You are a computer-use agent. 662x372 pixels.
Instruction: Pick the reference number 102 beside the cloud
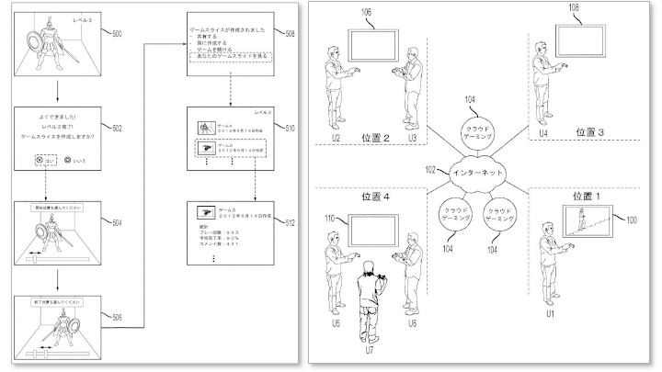coord(429,170)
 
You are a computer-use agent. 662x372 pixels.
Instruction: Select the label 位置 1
coord(588,195)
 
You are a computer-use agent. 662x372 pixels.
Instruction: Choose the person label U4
coord(542,134)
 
